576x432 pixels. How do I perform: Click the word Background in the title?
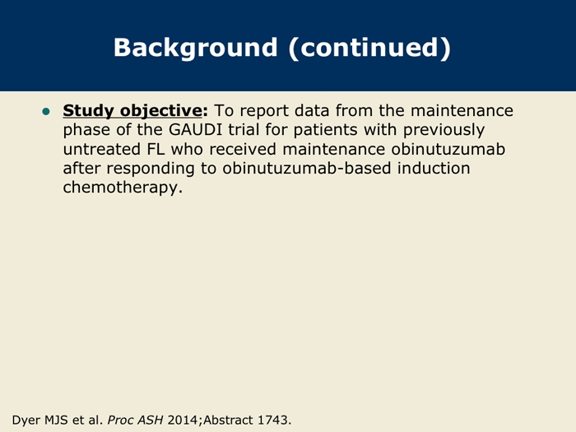[x=195, y=48]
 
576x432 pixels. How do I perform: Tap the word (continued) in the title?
[x=369, y=48]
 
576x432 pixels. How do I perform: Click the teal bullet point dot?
[x=46, y=111]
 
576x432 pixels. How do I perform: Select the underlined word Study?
[x=88, y=110]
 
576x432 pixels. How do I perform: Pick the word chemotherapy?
[x=123, y=188]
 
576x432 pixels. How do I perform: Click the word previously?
[x=444, y=130]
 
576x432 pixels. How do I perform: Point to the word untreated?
[x=102, y=149]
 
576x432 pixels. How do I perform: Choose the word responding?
[x=151, y=169]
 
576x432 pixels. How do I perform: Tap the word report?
[x=264, y=111]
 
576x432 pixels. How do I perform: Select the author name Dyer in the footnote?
[x=26, y=420]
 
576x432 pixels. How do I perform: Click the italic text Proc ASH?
[x=135, y=420]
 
